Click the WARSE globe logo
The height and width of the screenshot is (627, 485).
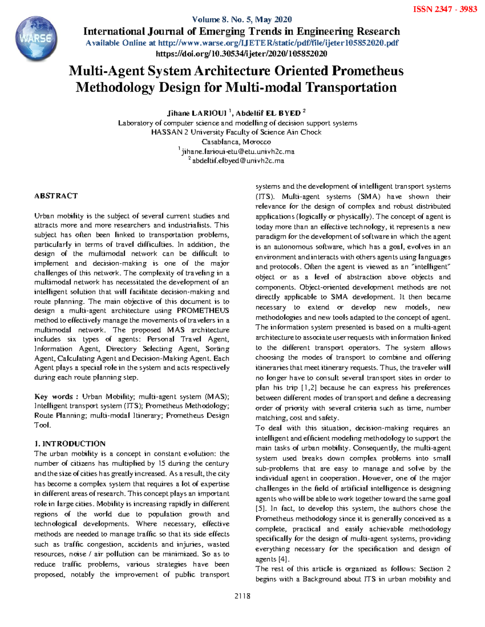click(x=36, y=39)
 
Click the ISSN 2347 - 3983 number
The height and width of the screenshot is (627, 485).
click(x=445, y=9)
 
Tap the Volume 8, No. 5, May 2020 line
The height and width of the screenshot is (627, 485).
click(x=242, y=19)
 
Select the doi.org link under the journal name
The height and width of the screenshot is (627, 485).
click(x=241, y=54)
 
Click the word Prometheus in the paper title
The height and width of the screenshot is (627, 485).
click(x=368, y=71)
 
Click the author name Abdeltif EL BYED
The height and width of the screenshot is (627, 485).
click(x=268, y=113)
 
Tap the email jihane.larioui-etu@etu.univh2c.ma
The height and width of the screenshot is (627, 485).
click(x=238, y=152)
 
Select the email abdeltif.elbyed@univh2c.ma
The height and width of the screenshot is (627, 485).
click(x=238, y=161)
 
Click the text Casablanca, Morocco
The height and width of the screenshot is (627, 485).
click(x=236, y=142)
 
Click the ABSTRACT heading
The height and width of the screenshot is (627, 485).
click(x=56, y=196)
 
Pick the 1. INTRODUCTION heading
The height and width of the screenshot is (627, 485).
click(x=70, y=443)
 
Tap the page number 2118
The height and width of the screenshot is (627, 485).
click(x=242, y=596)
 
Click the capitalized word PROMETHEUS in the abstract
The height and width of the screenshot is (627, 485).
click(x=203, y=310)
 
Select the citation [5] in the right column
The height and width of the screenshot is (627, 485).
click(x=260, y=509)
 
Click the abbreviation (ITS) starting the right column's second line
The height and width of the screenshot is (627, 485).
click(x=265, y=197)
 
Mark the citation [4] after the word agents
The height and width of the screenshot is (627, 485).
click(x=284, y=559)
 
